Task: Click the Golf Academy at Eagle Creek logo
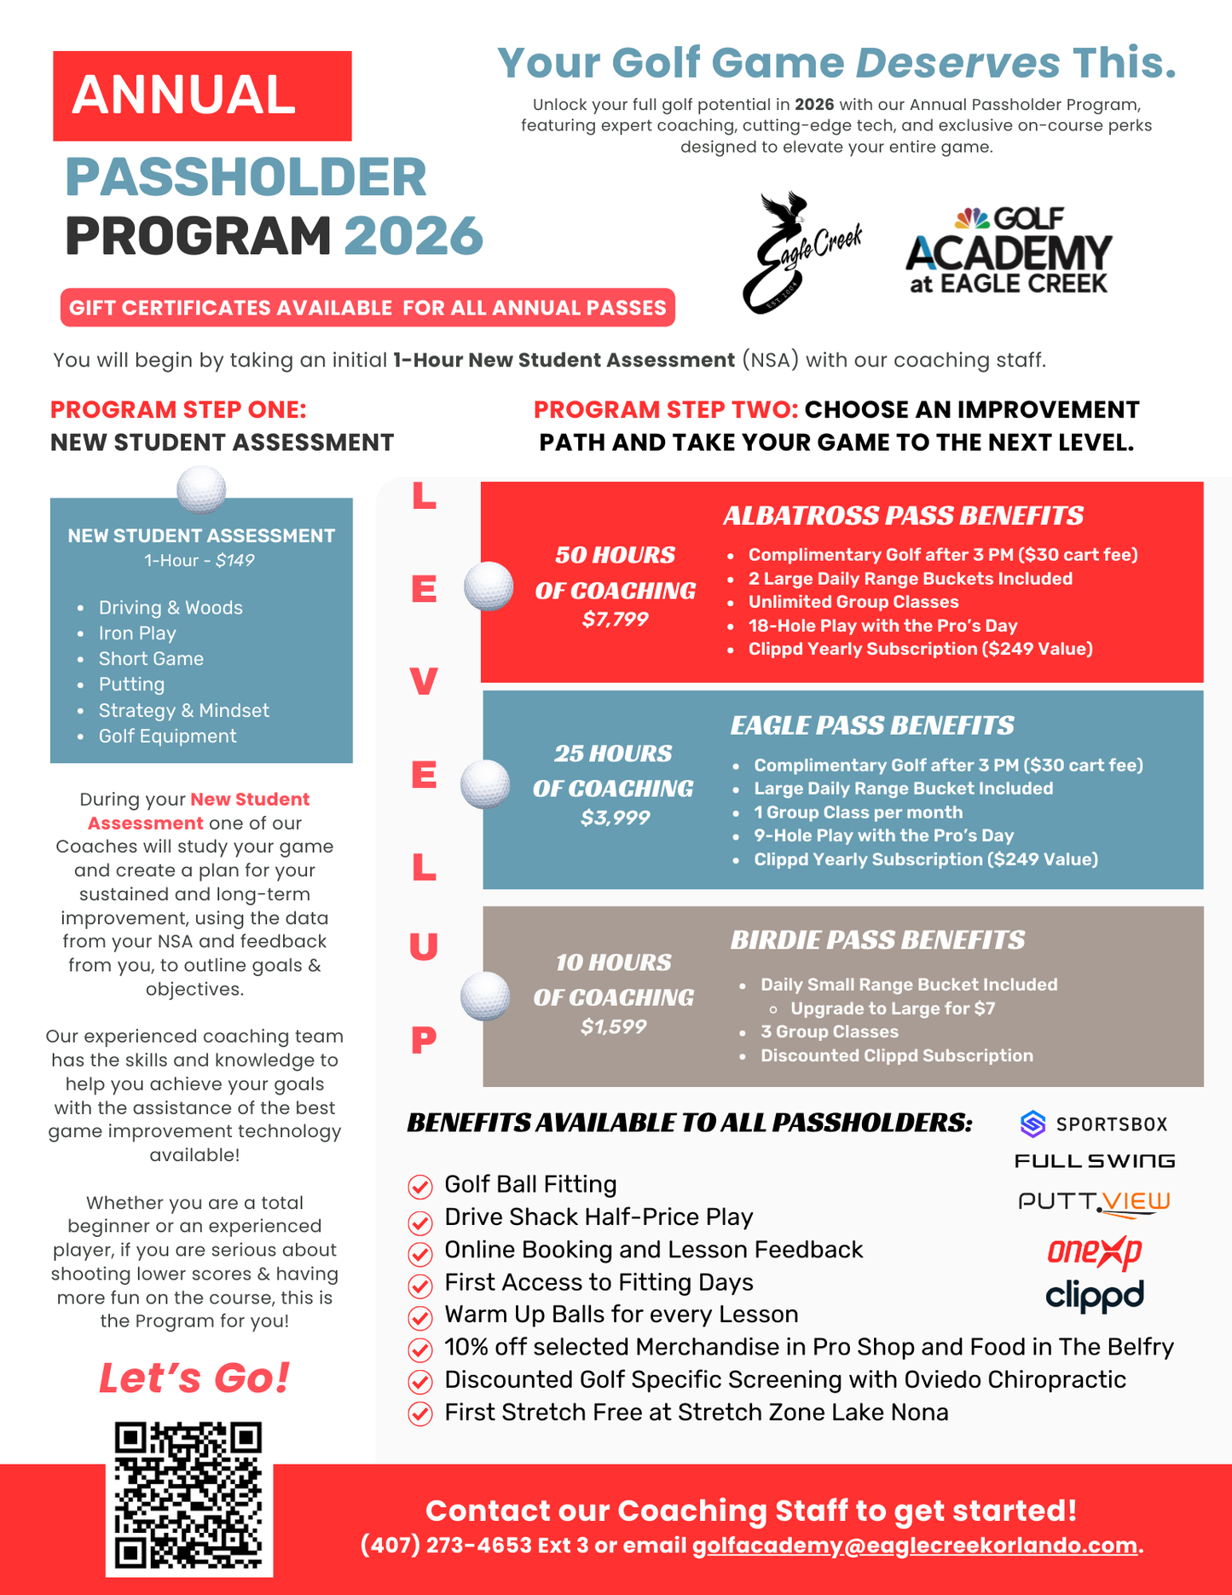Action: pyautogui.click(x=1009, y=251)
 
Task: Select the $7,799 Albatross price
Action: pyautogui.click(x=615, y=620)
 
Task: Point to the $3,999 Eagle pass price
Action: pyautogui.click(x=615, y=818)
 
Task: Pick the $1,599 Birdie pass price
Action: pyautogui.click(x=613, y=1027)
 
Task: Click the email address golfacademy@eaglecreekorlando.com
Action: pyautogui.click(x=914, y=1546)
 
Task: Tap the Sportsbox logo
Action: pyautogui.click(x=1093, y=1124)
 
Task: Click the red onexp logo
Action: pyautogui.click(x=1094, y=1251)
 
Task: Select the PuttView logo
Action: pyautogui.click(x=1094, y=1202)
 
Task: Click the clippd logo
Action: pyautogui.click(x=1094, y=1297)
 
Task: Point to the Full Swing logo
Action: pyautogui.click(x=1094, y=1161)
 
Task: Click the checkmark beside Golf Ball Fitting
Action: pyautogui.click(x=419, y=1186)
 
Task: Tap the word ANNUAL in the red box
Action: pyautogui.click(x=184, y=95)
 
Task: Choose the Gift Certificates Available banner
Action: pyautogui.click(x=367, y=308)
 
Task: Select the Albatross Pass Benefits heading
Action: pyautogui.click(x=902, y=516)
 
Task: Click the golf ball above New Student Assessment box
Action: pyautogui.click(x=201, y=489)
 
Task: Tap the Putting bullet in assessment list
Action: pyautogui.click(x=131, y=685)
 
